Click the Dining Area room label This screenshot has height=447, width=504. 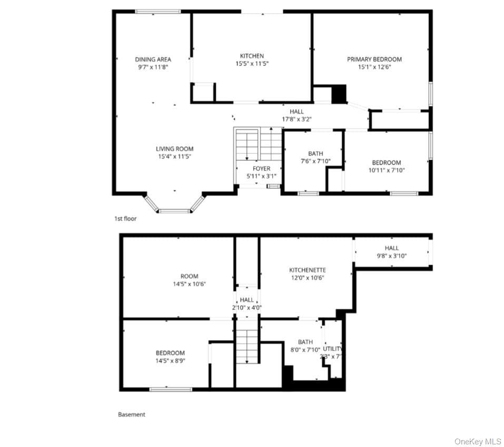point(153,60)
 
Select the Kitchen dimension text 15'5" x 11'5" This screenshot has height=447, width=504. point(252,64)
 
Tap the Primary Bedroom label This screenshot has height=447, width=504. point(374,59)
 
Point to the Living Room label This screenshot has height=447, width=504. point(174,149)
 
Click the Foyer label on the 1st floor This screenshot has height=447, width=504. point(261,168)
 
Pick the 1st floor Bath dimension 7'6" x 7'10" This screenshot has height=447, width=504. point(315,161)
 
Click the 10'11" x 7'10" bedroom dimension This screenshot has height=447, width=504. point(387,170)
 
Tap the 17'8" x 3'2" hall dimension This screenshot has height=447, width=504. point(297,119)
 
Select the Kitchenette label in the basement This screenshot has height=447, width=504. point(308,270)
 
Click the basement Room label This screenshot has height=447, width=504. point(189,276)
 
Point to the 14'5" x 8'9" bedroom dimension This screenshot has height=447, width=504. point(170,361)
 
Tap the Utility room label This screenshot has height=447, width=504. point(333,349)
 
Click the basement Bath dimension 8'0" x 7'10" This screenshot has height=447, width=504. point(305,350)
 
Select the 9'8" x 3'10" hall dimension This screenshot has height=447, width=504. point(392,256)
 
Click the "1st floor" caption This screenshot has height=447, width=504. point(125,219)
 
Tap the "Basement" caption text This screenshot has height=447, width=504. point(132,414)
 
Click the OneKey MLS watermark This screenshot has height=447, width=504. point(478,442)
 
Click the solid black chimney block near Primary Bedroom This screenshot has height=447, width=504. point(339,94)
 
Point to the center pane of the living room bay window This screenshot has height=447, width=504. point(174,211)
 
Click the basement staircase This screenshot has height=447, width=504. point(247,346)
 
